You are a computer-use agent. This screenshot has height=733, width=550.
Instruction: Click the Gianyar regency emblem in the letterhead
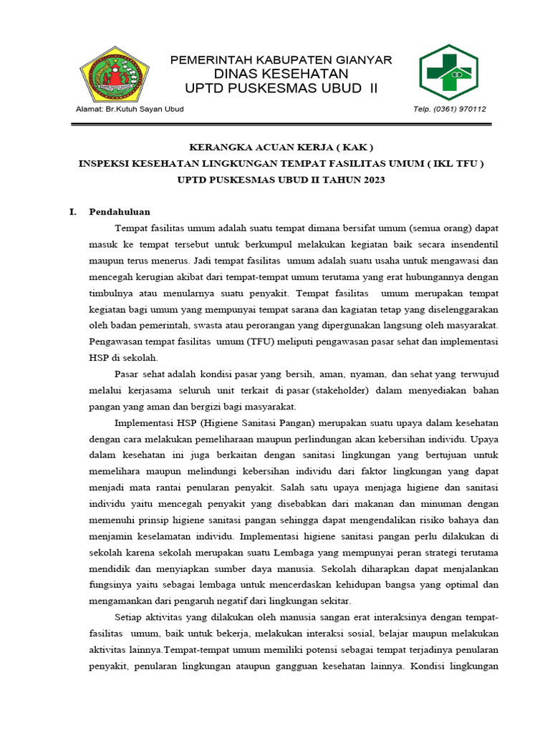coord(114,74)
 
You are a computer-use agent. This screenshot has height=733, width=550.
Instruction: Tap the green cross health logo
coord(451,72)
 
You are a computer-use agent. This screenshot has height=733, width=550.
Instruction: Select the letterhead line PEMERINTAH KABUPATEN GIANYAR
coord(281,60)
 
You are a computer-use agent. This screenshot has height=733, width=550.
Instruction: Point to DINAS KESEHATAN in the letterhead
coord(281,74)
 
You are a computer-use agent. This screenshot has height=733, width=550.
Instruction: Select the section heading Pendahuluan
coord(119,212)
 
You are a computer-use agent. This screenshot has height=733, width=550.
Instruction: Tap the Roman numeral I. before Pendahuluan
coord(72,212)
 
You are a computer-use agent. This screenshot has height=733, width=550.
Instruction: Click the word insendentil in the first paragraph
coord(468,244)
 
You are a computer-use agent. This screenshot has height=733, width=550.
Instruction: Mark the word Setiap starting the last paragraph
coord(128,617)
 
